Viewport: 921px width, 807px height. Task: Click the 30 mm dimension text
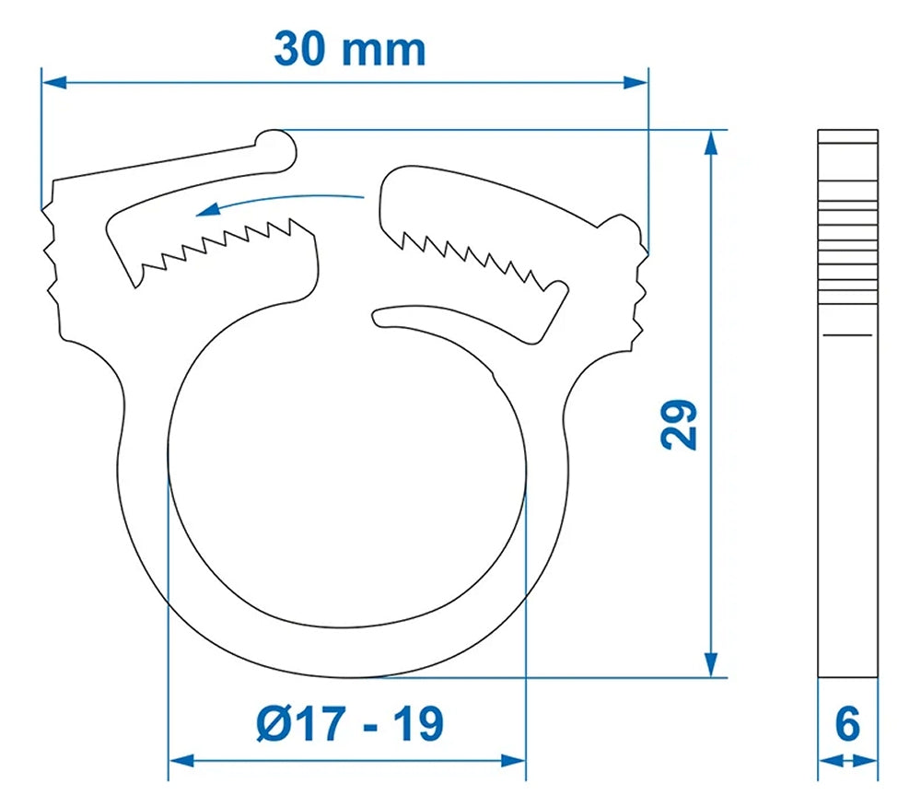(x=349, y=48)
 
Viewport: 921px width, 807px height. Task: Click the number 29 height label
(x=681, y=423)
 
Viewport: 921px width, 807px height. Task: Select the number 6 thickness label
(x=847, y=723)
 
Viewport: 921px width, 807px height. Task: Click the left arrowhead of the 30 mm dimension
(x=55, y=82)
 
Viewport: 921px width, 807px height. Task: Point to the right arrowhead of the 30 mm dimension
(x=635, y=82)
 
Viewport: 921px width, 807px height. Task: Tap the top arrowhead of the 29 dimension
(x=711, y=143)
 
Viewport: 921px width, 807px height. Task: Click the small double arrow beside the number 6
(x=847, y=761)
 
